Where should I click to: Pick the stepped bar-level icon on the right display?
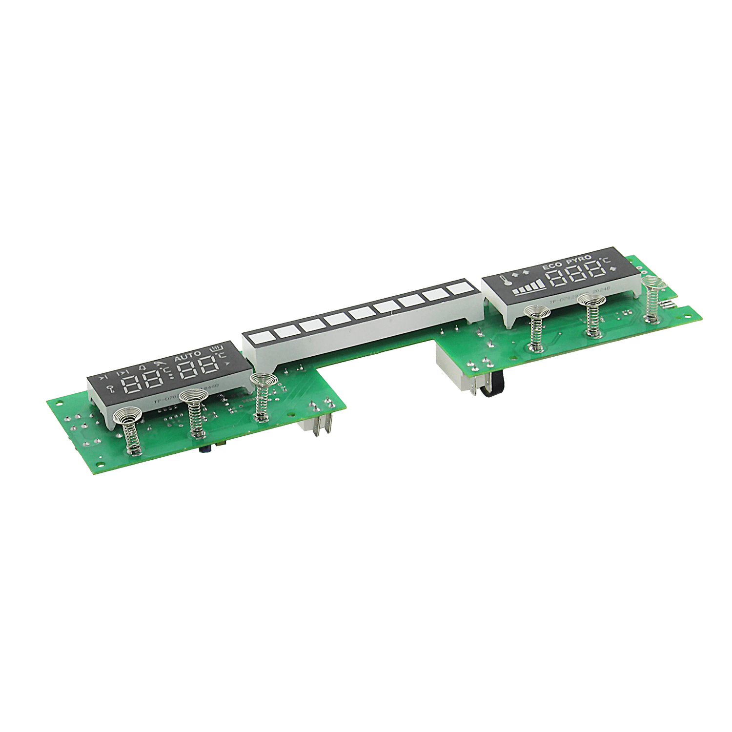coord(529,288)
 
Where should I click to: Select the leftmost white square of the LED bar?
coord(257,339)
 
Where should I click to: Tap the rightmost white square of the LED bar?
coord(458,288)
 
